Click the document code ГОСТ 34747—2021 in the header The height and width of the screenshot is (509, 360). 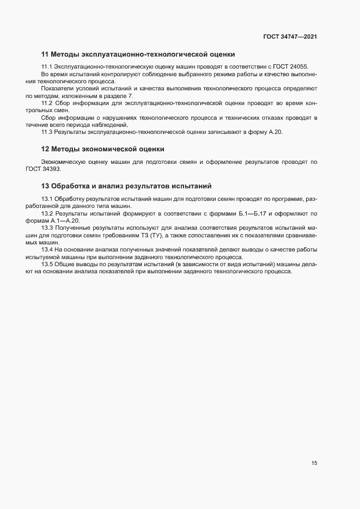pos(290,37)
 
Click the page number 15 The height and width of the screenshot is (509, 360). pos(314,463)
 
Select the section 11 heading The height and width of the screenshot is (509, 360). pos(138,54)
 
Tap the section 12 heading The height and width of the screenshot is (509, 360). pos(103,149)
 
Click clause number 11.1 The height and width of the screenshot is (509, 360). pos(47,66)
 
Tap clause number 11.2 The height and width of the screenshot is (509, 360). pos(47,103)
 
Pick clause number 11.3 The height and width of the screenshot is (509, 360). pos(47,132)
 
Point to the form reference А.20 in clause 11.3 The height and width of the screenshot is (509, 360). pos(276,132)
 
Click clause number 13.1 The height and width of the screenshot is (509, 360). pos(47,198)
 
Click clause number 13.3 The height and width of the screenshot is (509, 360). pos(47,228)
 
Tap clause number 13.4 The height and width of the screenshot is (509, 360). pos(47,250)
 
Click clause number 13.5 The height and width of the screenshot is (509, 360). pos(47,265)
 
